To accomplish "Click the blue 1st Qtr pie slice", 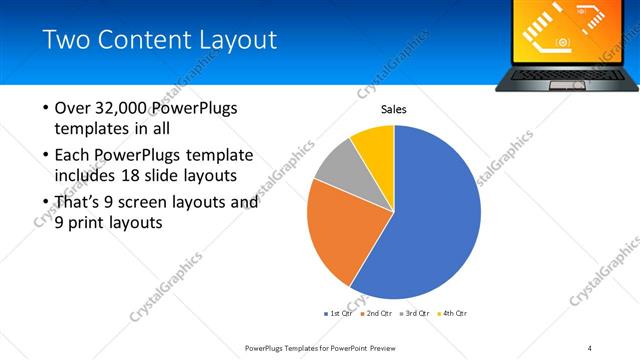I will pyautogui.click(x=440, y=220).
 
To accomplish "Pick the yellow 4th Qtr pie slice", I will pyautogui.click(x=375, y=143).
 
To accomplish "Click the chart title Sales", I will pyautogui.click(x=393, y=110).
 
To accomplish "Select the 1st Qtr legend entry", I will pyautogui.click(x=341, y=313).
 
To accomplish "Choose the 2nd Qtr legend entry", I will pyautogui.click(x=376, y=313).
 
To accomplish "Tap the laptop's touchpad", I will pyautogui.click(x=568, y=79).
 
